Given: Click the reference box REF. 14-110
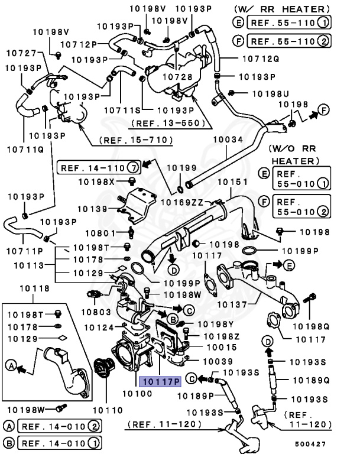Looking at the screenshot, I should point(99,168).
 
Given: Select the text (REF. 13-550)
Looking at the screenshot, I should point(170,124).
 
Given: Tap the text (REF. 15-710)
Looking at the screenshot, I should point(135,140).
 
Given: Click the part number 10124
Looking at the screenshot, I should point(98,327).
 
